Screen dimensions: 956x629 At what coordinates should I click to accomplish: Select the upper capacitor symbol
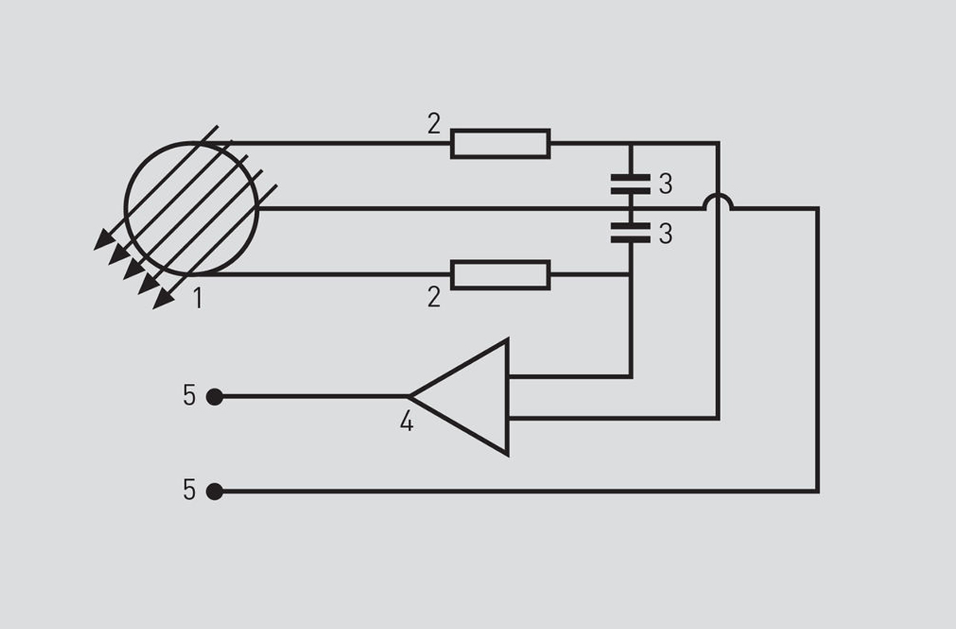point(630,184)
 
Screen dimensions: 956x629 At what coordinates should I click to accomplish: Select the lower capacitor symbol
point(630,232)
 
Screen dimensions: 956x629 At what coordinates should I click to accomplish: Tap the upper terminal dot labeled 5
point(214,397)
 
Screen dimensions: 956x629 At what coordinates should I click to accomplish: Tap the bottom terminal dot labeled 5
point(214,492)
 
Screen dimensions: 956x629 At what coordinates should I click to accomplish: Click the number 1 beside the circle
point(198,298)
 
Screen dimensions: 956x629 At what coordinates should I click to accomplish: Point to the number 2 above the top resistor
point(434,123)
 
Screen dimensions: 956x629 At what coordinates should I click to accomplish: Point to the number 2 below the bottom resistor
point(434,297)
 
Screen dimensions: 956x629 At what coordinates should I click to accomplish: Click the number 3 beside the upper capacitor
point(666,184)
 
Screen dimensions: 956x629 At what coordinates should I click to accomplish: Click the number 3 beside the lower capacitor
point(666,233)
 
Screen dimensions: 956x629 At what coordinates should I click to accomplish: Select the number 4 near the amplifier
point(407,421)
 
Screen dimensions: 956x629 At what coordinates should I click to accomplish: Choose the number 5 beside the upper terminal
point(190,395)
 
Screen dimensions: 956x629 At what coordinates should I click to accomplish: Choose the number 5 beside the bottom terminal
point(190,489)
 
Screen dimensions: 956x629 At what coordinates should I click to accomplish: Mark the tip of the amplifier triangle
point(409,397)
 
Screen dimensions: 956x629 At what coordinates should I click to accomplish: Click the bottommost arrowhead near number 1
point(163,299)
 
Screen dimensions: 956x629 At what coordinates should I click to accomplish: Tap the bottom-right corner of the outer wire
point(817,492)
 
